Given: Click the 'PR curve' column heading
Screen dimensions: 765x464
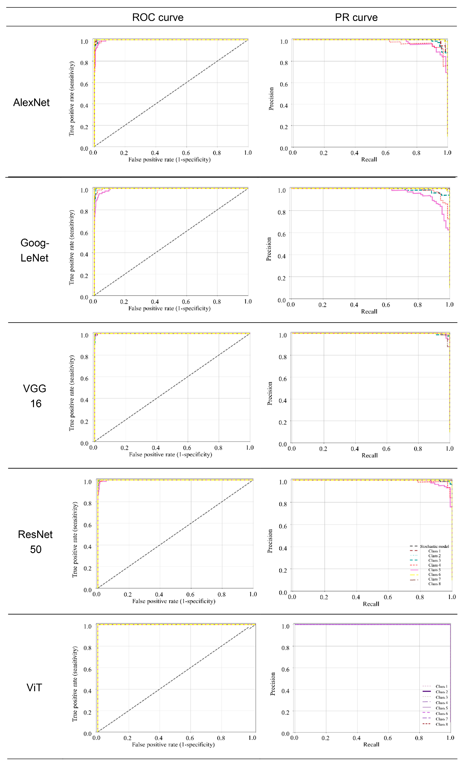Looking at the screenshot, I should (x=356, y=17).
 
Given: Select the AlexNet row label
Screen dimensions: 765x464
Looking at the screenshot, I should (x=31, y=102).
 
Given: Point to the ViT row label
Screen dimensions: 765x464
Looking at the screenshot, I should (x=34, y=688).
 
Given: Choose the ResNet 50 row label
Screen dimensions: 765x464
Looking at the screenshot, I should (x=35, y=542).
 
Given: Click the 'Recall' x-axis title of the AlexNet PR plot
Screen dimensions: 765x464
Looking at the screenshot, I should (x=369, y=160).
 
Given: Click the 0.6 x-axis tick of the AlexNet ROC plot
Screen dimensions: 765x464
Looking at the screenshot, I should (x=186, y=153).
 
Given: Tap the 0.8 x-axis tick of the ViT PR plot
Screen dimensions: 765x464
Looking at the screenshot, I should (x=419, y=738).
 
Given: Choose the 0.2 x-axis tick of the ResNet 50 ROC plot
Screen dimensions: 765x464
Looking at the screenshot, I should (x=128, y=594).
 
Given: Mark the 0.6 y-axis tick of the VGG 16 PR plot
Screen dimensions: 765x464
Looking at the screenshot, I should (x=283, y=379).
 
